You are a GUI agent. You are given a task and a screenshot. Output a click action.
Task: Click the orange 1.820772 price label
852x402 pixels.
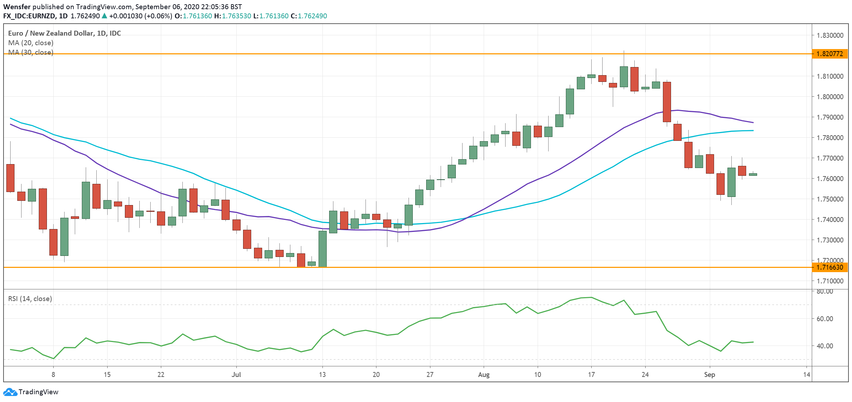point(829,54)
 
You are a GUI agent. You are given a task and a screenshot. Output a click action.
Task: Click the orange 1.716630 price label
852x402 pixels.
point(829,267)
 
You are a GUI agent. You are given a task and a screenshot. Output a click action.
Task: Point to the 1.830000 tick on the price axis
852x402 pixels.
point(830,35)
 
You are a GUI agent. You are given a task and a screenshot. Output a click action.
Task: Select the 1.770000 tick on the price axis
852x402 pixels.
point(830,158)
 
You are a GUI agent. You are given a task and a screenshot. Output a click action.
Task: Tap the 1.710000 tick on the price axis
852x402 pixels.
point(830,281)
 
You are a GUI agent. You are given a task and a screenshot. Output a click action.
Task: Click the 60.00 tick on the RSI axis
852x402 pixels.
point(824,319)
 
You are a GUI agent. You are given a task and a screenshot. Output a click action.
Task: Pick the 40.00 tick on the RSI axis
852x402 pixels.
point(824,346)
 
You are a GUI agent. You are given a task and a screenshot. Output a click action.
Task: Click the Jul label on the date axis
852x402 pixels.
point(236,374)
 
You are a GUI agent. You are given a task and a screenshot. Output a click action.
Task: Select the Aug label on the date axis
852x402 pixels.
point(484,374)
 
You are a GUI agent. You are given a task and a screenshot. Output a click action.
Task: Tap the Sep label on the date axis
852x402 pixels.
point(709,374)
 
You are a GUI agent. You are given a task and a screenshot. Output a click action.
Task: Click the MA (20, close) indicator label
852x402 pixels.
point(31,43)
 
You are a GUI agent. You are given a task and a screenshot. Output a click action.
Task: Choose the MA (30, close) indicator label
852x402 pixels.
point(31,52)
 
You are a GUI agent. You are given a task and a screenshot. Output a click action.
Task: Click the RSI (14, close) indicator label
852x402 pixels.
point(30,299)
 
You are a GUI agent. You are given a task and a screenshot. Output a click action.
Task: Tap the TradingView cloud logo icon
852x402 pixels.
point(10,392)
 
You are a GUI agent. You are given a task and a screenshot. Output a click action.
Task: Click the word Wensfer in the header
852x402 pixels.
point(17,7)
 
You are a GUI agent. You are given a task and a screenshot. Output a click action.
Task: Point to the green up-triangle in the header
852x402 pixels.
point(104,16)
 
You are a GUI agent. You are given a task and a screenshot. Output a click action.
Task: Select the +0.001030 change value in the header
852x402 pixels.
point(126,16)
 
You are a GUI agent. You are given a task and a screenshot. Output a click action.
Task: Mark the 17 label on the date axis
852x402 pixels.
point(591,374)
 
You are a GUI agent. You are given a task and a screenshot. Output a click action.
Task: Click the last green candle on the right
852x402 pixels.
point(753,174)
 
